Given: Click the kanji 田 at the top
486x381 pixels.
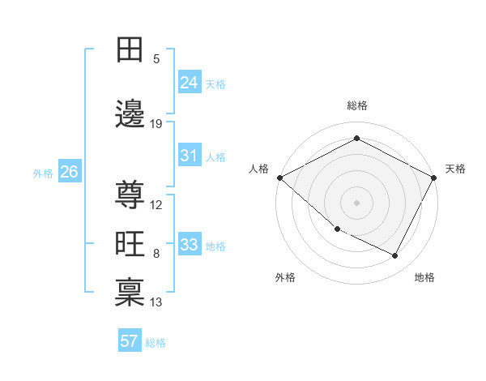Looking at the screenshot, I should [x=130, y=50].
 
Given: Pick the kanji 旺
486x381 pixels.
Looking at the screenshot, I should [x=130, y=244].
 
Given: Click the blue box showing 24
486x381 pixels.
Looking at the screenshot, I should [x=190, y=83].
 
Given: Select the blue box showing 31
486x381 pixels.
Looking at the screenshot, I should [x=190, y=156].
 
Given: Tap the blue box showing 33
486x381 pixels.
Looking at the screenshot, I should [x=190, y=246].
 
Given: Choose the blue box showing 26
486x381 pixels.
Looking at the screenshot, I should [x=69, y=172].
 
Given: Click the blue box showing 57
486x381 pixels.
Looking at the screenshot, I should [x=130, y=341].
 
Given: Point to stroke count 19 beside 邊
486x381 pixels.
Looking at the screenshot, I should [x=156, y=124].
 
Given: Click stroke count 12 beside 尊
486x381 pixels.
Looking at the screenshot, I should [x=156, y=205].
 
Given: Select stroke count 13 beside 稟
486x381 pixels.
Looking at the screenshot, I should [x=156, y=302].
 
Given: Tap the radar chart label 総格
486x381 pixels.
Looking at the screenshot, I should [x=357, y=105].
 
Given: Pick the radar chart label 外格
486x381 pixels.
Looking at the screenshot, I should [x=285, y=277].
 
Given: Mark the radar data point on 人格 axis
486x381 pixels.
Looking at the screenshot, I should [x=279, y=178].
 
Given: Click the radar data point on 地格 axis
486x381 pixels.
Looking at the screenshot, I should [x=395, y=256].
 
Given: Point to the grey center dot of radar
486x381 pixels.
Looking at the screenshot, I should [x=357, y=202].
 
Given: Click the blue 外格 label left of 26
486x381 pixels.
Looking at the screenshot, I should [x=43, y=173].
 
